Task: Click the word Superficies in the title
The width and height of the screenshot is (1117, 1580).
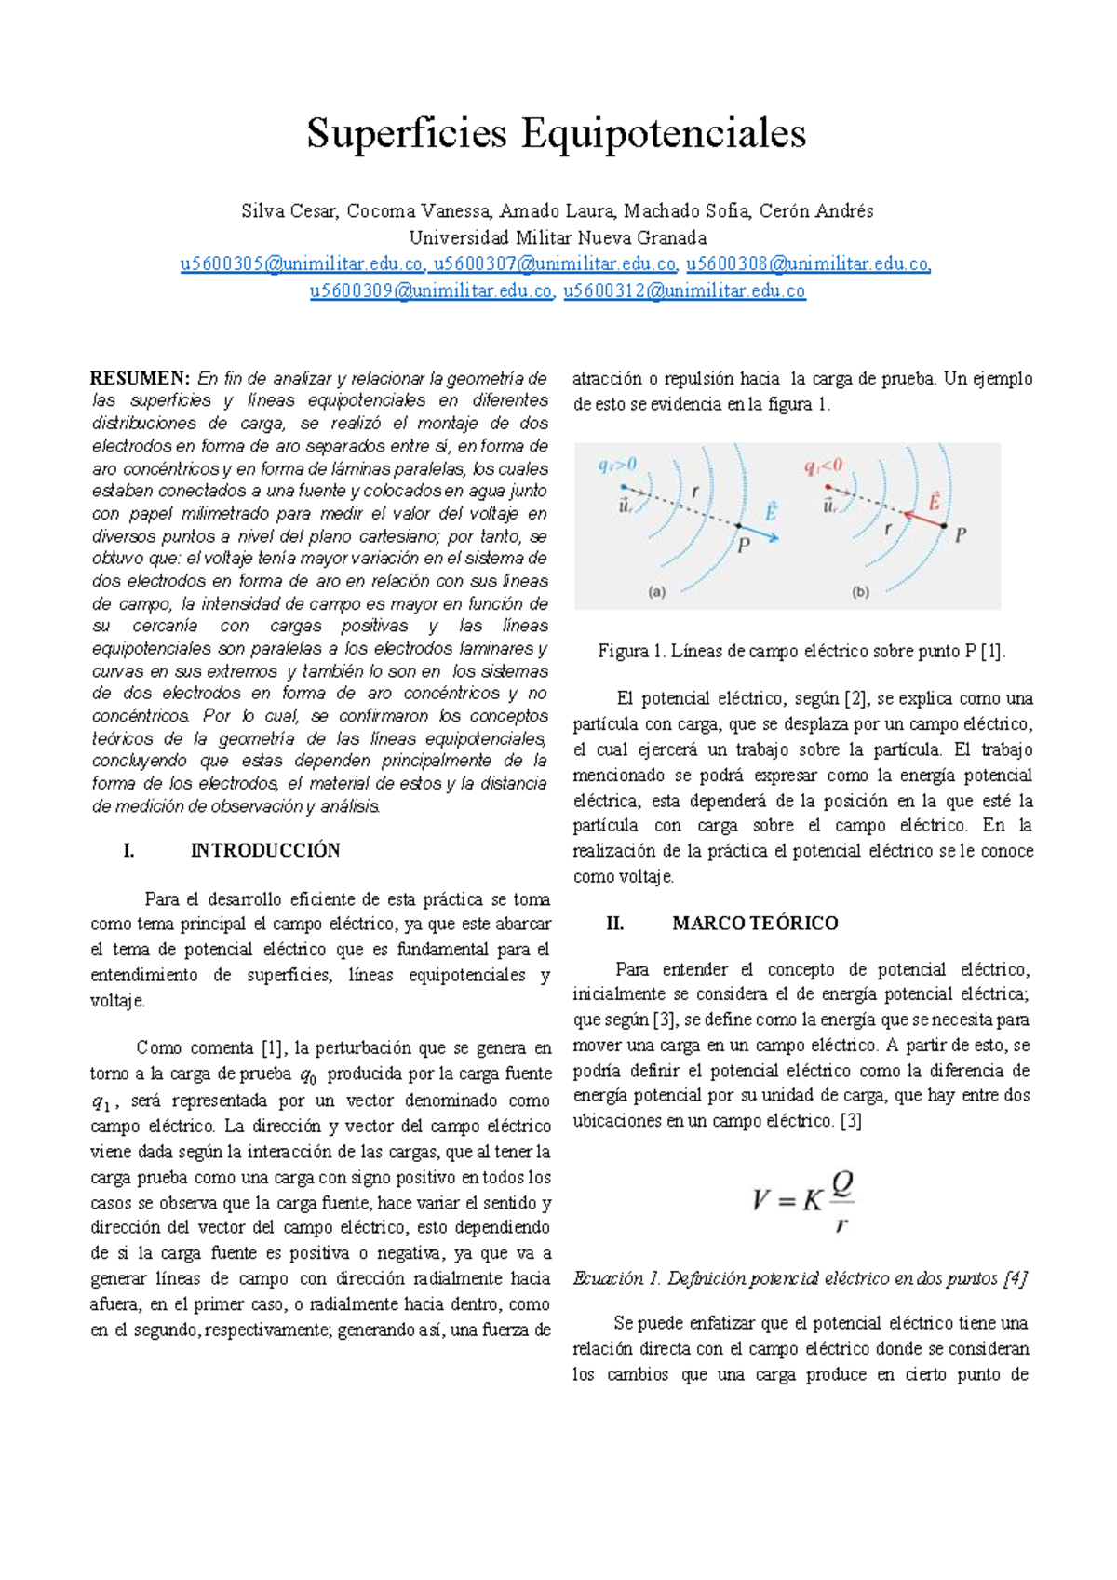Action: click(x=407, y=134)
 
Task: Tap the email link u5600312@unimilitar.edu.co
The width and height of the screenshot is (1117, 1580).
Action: click(x=684, y=291)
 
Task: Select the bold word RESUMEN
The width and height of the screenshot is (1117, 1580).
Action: click(x=140, y=378)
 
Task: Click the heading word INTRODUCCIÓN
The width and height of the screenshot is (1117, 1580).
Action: click(x=265, y=850)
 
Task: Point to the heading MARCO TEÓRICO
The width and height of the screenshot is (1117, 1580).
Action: click(x=754, y=923)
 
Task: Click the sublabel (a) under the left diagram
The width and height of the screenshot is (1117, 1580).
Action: click(x=657, y=591)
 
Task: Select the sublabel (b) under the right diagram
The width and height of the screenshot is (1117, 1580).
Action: click(x=861, y=591)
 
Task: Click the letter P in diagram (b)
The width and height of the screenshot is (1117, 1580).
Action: click(x=961, y=535)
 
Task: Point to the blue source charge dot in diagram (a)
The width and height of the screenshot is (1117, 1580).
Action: click(x=623, y=486)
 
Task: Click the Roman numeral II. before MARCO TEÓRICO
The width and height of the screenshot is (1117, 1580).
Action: click(x=614, y=923)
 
